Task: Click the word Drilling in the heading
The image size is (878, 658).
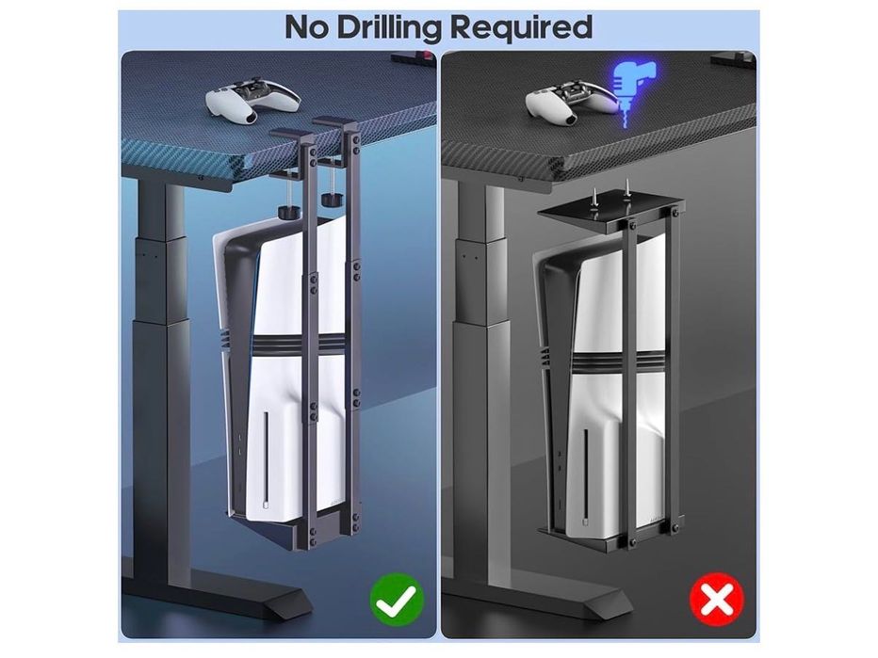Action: [x=391, y=28]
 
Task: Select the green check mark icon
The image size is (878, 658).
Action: [x=397, y=600]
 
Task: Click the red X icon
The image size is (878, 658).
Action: [x=717, y=600]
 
